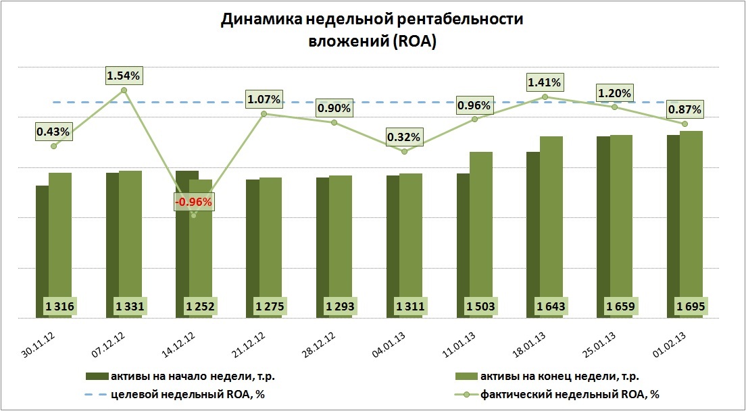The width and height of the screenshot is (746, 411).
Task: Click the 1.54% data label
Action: (124, 76)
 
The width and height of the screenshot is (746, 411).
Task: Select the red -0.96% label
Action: (194, 201)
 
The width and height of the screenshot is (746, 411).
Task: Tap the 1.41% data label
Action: (545, 83)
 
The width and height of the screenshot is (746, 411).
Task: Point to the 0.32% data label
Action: (404, 138)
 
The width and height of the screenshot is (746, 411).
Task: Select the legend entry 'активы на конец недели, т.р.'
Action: (557, 376)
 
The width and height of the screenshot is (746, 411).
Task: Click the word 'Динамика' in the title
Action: (260, 20)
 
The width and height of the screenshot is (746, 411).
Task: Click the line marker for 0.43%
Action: (53, 146)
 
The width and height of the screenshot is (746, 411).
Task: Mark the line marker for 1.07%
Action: (264, 113)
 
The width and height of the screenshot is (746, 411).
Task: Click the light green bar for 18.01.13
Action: (551, 227)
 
